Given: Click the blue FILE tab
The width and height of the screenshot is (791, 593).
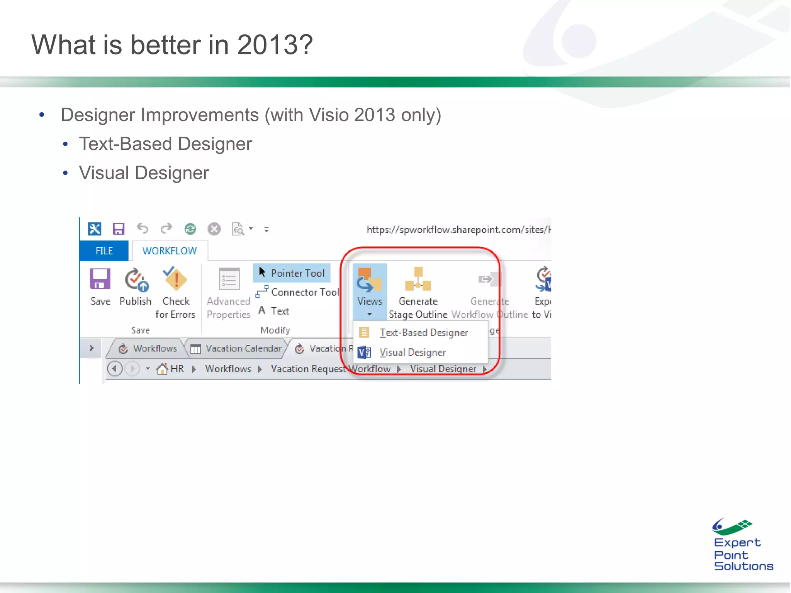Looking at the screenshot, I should pyautogui.click(x=104, y=251).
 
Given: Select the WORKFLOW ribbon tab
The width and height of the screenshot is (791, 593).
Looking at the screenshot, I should pyautogui.click(x=170, y=251).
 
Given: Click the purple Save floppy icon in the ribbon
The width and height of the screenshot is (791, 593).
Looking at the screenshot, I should pyautogui.click(x=100, y=279).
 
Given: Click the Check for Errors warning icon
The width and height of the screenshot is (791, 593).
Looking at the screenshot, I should pyautogui.click(x=176, y=279).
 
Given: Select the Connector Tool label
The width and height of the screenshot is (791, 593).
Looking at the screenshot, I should pyautogui.click(x=305, y=292).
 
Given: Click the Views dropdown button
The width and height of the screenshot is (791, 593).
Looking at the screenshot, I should pyautogui.click(x=370, y=291).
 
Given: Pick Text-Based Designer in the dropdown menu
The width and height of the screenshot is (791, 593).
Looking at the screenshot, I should pyautogui.click(x=423, y=332).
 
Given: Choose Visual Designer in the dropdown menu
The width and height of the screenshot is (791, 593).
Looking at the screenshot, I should pyautogui.click(x=412, y=352).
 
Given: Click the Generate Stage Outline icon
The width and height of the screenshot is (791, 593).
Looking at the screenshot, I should pyautogui.click(x=418, y=279).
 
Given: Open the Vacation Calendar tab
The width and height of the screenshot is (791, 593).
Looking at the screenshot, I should pyautogui.click(x=243, y=349).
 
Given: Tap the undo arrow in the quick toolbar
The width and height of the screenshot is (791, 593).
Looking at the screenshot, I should pyautogui.click(x=143, y=229).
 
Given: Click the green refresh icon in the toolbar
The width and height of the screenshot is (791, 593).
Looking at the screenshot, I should pyautogui.click(x=190, y=229).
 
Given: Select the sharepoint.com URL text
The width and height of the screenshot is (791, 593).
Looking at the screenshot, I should pyautogui.click(x=458, y=230).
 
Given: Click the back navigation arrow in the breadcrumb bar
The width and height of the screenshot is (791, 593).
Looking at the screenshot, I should pyautogui.click(x=115, y=369).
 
